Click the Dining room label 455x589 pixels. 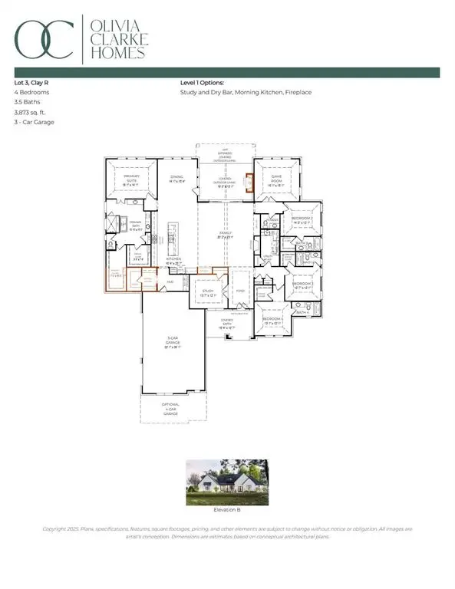point(176,178)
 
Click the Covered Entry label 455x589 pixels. point(228,323)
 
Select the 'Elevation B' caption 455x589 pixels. point(226,508)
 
